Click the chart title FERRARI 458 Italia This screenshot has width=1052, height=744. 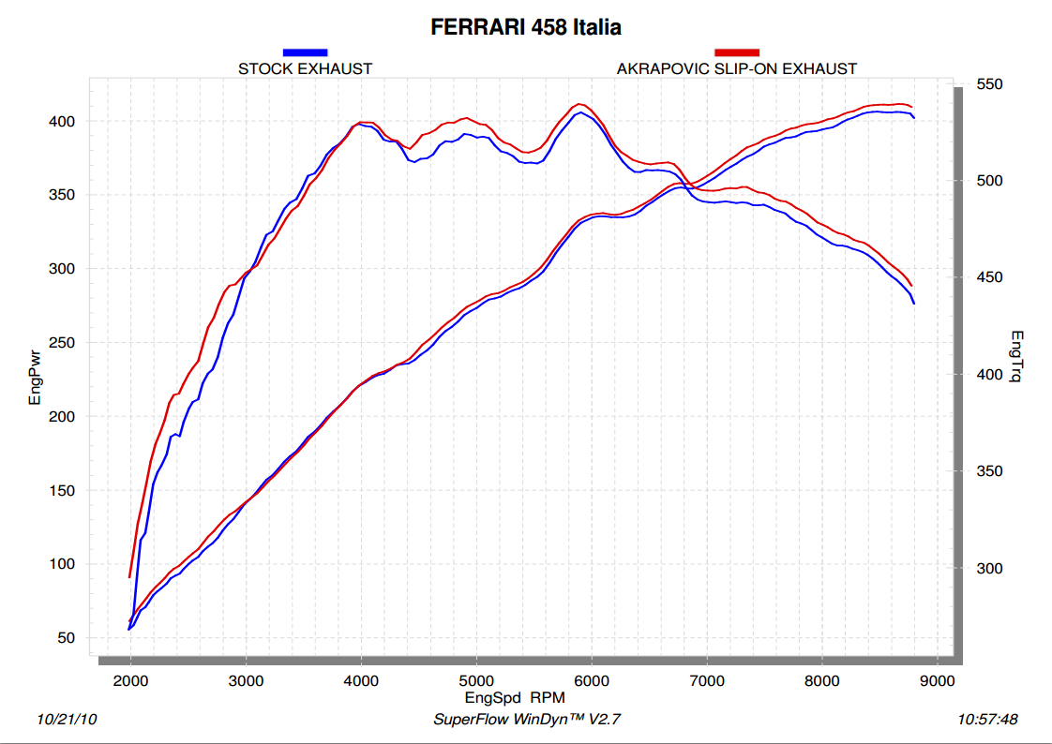click(x=525, y=27)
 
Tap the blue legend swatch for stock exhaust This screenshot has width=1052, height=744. click(x=305, y=52)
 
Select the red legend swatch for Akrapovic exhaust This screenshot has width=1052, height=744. click(x=736, y=52)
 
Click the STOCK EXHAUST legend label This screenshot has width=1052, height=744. click(x=305, y=68)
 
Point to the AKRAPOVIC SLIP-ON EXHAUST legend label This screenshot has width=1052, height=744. click(x=736, y=68)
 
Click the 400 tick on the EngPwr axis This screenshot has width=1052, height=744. click(x=73, y=122)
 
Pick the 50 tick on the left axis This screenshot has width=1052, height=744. click(x=77, y=638)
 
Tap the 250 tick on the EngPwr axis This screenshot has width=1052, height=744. click(x=73, y=343)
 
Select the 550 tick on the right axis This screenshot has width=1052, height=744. click(x=990, y=84)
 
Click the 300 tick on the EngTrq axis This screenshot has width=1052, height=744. click(x=990, y=569)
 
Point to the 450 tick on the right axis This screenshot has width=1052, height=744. click(x=990, y=278)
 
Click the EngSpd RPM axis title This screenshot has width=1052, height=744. click(x=515, y=697)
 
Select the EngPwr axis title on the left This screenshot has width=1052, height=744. click(x=36, y=374)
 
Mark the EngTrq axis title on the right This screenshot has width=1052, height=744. click(x=1018, y=359)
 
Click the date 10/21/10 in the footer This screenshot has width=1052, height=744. click(x=67, y=720)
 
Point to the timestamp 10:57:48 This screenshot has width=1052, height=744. click(x=987, y=720)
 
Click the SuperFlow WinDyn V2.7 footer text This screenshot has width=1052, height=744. click(x=527, y=720)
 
